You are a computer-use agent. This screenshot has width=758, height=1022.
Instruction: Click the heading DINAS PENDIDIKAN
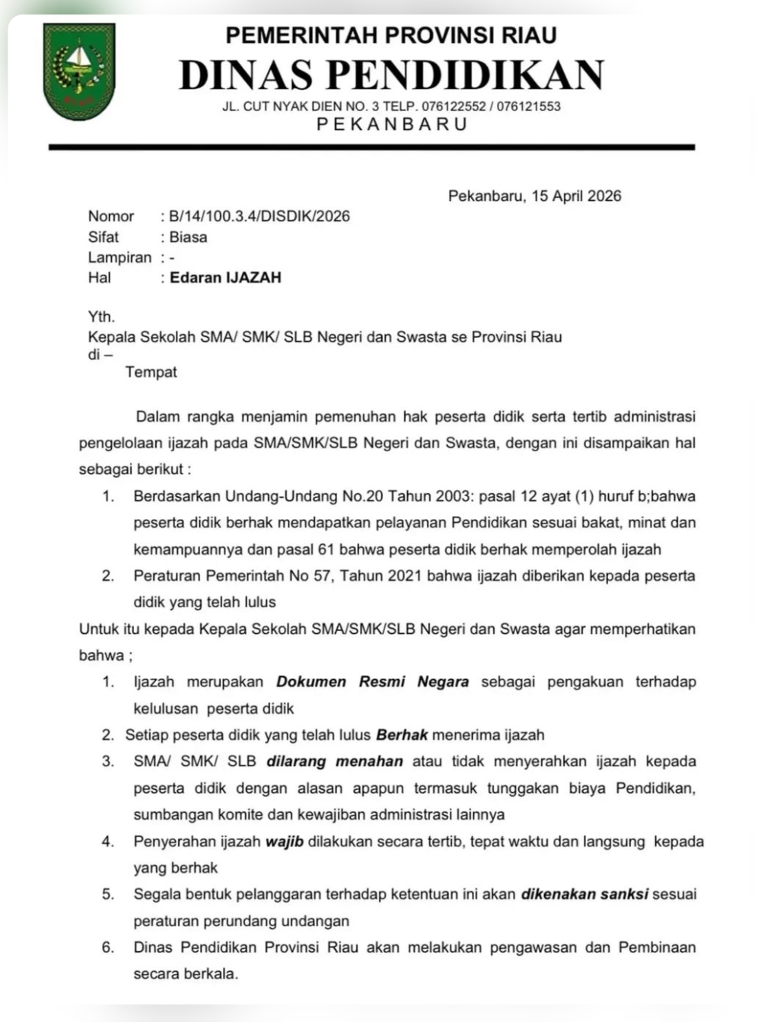pos(391,75)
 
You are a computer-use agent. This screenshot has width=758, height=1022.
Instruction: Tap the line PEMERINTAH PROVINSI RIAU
pos(391,35)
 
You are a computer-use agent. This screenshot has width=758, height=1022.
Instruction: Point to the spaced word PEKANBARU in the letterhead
pos(391,124)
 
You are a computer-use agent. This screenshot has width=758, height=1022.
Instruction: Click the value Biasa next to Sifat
pos(188,237)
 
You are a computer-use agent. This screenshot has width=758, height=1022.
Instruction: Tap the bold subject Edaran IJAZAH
pos(225,278)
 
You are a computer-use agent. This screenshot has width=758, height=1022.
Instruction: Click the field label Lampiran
pos(119,257)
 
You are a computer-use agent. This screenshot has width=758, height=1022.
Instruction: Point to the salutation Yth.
pos(101,317)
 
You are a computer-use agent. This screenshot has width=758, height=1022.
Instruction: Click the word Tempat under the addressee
pos(151,372)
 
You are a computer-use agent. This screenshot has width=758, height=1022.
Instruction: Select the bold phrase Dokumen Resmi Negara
pos(372,682)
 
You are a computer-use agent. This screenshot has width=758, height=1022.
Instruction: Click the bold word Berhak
pos(402,735)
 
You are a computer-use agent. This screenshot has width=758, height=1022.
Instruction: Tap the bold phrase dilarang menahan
pos(334,762)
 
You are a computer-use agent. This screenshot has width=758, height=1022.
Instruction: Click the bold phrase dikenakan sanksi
pos(584,894)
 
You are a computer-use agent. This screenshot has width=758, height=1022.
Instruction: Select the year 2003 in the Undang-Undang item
pos(453,496)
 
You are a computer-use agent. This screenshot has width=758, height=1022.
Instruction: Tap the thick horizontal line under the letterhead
pos(371,147)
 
